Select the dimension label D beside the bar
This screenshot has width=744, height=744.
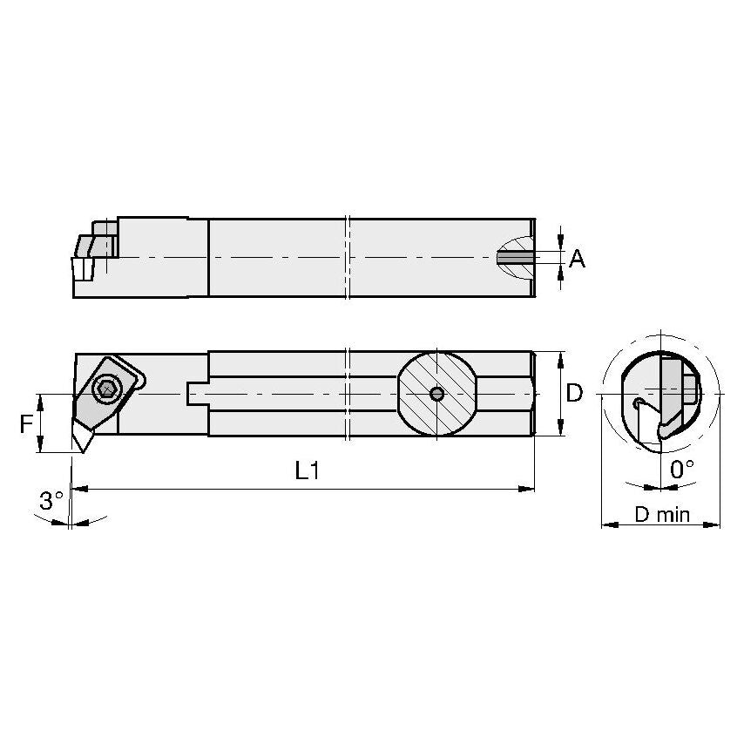pos(574,394)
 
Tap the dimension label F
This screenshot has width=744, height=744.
pos(26,424)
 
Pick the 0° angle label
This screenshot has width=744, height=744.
pos(683,469)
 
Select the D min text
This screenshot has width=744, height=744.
pos(661,515)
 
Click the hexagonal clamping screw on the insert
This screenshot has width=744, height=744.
pos(107,389)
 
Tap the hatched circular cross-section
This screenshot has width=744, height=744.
pos(437,394)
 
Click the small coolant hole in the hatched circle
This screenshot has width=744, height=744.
pos(437,395)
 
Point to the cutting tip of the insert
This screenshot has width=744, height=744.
pos(83,451)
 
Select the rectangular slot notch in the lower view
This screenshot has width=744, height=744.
pos(196,394)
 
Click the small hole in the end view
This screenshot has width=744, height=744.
pos(639,402)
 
